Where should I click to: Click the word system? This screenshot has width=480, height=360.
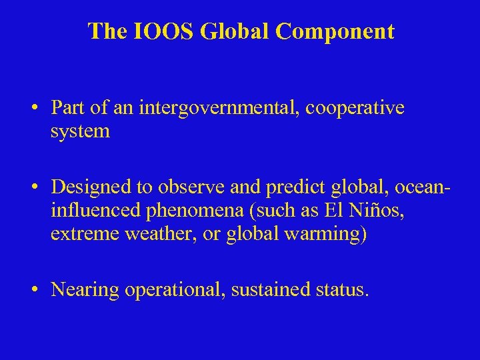tap(80, 131)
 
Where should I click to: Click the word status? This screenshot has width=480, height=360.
tap(342, 289)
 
